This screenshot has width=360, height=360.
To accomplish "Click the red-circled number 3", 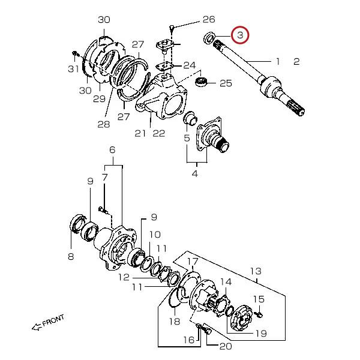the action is (240, 35).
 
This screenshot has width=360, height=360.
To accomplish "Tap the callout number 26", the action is (209, 20).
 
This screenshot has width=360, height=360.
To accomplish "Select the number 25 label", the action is (226, 83).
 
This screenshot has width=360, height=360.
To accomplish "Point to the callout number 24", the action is (190, 65).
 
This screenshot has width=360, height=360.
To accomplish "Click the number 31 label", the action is (73, 68).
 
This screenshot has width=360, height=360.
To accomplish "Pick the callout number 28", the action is (104, 124).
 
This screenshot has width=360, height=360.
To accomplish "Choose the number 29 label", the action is (100, 99).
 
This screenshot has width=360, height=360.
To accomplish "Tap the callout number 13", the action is (256, 271).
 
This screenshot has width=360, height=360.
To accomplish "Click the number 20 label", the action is (226, 346).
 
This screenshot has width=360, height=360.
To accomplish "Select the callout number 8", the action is (71, 256).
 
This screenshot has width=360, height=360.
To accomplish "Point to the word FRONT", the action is (53, 320).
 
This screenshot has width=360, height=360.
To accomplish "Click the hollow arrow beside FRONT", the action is (37, 327).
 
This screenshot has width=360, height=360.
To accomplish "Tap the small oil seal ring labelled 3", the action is (209, 38).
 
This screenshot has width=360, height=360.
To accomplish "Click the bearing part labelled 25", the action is (202, 81).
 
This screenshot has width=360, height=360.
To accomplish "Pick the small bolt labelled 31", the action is (75, 53).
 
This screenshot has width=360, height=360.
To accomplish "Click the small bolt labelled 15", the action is (259, 314).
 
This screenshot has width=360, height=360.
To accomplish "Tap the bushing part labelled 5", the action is (190, 118).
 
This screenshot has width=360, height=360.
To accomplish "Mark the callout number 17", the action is (193, 261).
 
